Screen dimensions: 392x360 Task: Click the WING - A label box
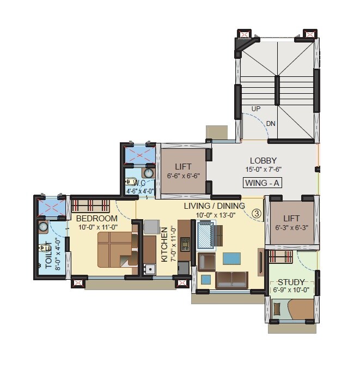click(262, 183)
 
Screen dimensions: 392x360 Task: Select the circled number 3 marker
click(256, 214)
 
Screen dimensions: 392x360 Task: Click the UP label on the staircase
click(256, 109)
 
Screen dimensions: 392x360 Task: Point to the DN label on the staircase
click(271, 124)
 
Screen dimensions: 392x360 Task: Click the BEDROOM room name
click(97, 219)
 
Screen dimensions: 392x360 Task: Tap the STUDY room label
click(292, 282)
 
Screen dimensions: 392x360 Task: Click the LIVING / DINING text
click(214, 206)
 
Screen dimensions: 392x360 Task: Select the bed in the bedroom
click(117, 249)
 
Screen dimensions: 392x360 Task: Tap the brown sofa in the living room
click(231, 279)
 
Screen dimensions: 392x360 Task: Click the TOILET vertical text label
click(48, 256)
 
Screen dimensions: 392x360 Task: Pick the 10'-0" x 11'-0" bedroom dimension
click(97, 227)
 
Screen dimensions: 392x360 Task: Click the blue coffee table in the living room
click(231, 258)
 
